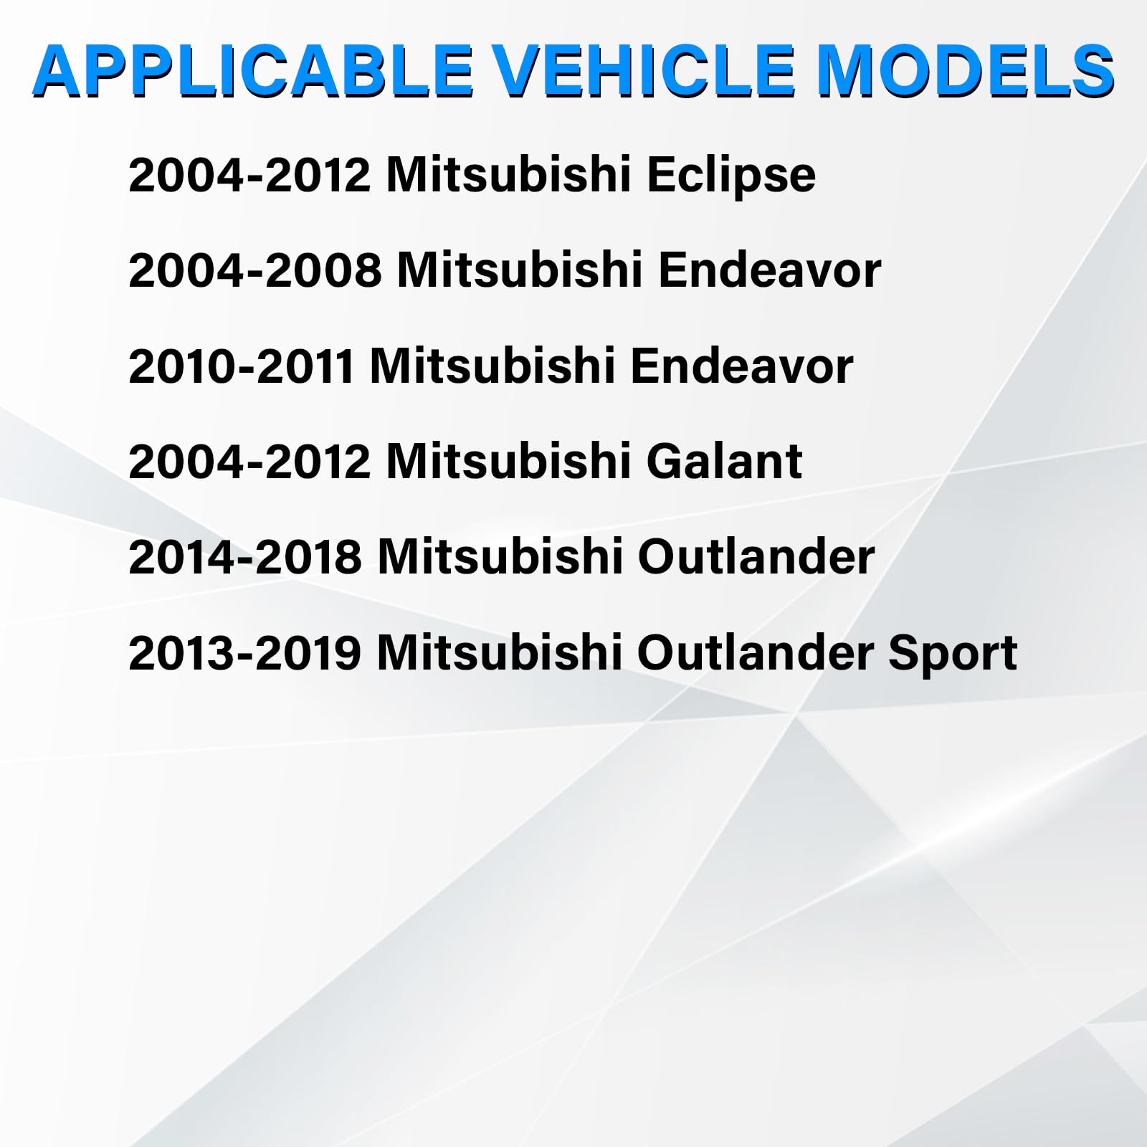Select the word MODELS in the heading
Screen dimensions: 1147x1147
pyautogui.click(x=965, y=72)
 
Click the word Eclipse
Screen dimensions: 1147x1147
pyautogui.click(x=730, y=176)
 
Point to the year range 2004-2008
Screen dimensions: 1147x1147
pyautogui.click(x=254, y=271)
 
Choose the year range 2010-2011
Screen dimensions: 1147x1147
pyautogui.click(x=241, y=366)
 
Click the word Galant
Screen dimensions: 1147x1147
pyautogui.click(x=724, y=461)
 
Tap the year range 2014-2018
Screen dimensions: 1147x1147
pyautogui.click(x=245, y=557)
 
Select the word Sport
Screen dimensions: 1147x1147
pyautogui.click(x=953, y=654)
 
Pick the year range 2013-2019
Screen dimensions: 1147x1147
pyautogui.click(x=244, y=653)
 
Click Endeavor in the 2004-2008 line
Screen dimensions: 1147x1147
pyautogui.click(x=769, y=271)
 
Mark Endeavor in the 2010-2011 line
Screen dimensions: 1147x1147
pyautogui.click(x=742, y=366)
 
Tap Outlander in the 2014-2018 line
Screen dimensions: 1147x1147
pyautogui.click(x=756, y=557)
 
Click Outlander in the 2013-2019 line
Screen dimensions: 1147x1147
pyautogui.click(x=756, y=653)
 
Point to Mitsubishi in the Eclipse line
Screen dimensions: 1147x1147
pyautogui.click(x=508, y=176)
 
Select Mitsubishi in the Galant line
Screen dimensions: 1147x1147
pyautogui.click(x=508, y=461)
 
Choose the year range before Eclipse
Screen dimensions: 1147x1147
pyautogui.click(x=249, y=176)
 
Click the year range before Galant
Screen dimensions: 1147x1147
pyautogui.click(x=249, y=461)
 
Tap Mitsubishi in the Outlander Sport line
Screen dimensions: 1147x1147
pyautogui.click(x=499, y=653)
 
